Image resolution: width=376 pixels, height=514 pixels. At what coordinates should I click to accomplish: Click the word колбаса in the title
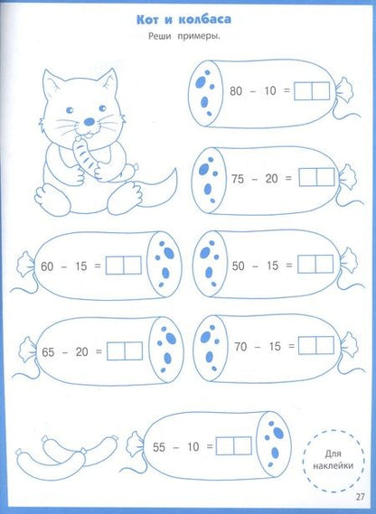point(205,19)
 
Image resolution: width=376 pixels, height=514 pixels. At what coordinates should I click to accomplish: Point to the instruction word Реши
point(160,36)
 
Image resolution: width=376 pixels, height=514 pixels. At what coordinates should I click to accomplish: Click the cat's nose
point(89,122)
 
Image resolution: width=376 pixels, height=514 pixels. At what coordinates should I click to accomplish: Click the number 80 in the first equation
point(236,91)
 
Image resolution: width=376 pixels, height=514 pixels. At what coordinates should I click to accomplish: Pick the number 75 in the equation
point(238,179)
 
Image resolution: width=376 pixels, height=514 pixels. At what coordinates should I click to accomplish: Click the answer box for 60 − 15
point(123,266)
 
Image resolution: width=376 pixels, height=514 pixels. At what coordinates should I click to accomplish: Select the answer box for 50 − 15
point(315,264)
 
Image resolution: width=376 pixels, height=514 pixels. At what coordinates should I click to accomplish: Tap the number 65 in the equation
point(48,352)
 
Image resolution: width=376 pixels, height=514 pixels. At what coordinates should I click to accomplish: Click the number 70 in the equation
point(240,347)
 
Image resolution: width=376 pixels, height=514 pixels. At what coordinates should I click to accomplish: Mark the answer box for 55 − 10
point(234,446)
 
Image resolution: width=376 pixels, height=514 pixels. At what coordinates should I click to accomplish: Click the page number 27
point(360,497)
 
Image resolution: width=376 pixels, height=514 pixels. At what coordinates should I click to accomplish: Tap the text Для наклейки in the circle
point(333,460)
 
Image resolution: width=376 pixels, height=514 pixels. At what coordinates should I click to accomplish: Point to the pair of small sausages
point(67,454)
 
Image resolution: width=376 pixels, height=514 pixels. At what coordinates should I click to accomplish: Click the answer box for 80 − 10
point(312,91)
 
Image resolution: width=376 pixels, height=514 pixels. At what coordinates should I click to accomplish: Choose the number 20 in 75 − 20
point(271,179)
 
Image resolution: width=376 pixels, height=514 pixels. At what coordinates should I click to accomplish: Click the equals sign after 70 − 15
point(291,346)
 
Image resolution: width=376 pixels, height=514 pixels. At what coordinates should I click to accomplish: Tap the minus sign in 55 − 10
point(176,447)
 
